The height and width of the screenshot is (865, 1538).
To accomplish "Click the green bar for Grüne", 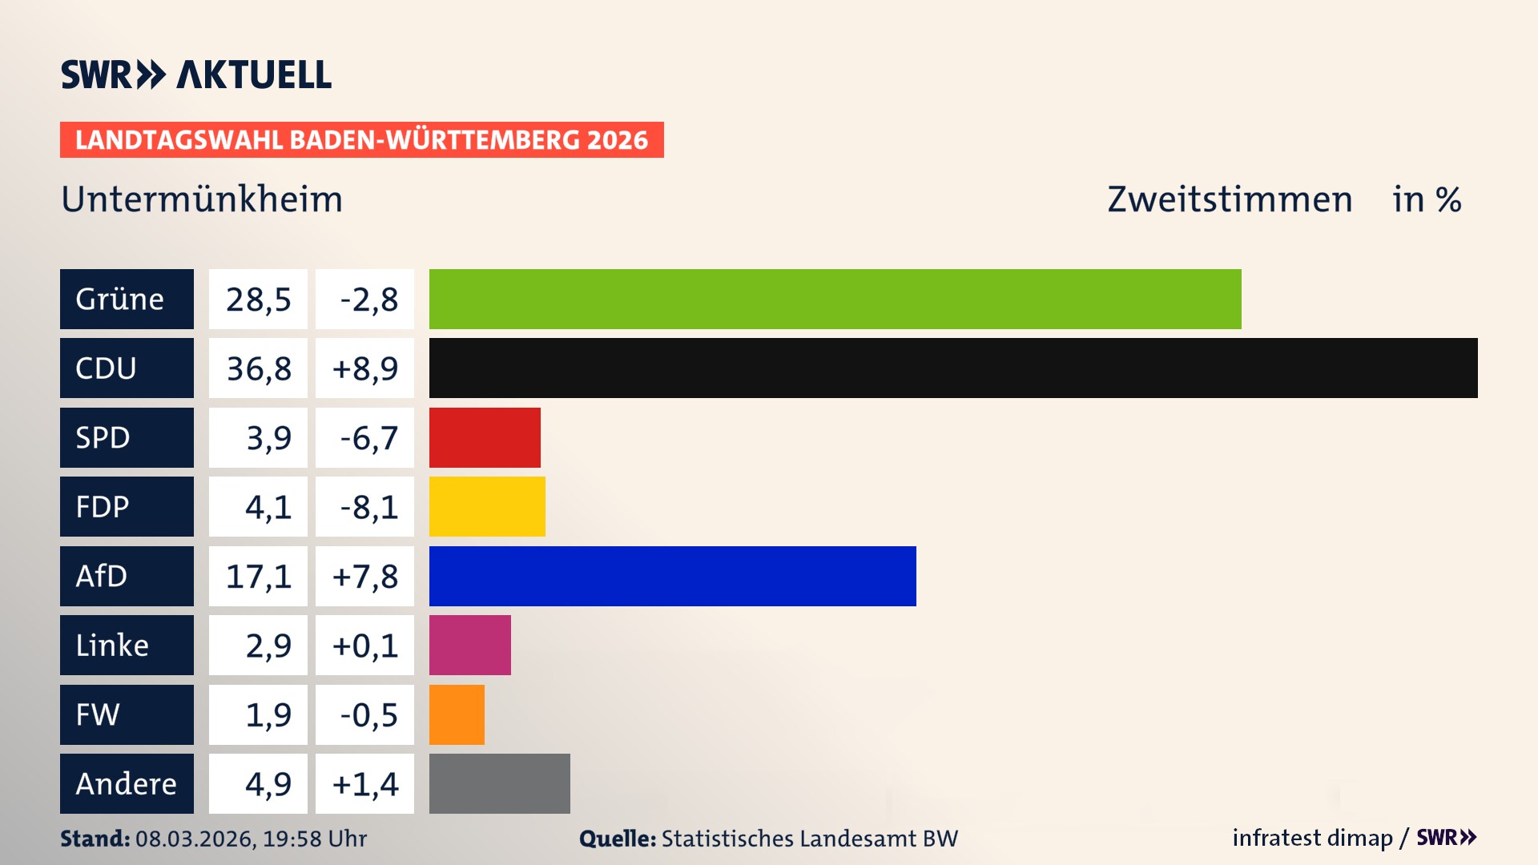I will pyautogui.click(x=835, y=299).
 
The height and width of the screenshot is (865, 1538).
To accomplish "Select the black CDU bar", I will pyautogui.click(x=953, y=368).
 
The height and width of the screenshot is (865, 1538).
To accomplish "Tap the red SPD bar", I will pyautogui.click(x=485, y=437).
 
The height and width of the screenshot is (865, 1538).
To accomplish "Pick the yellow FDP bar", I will pyautogui.click(x=487, y=506).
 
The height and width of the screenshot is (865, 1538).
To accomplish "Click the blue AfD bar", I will pyautogui.click(x=672, y=576).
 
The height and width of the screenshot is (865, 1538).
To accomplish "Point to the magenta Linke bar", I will pyautogui.click(x=469, y=645).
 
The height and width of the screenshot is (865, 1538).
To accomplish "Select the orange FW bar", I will pyautogui.click(x=457, y=714).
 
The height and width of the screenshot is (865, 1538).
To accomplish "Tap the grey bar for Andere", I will pyautogui.click(x=499, y=783).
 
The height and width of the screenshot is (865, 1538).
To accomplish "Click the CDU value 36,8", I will pyautogui.click(x=258, y=368).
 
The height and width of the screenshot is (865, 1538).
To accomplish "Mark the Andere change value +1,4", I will pyautogui.click(x=365, y=784).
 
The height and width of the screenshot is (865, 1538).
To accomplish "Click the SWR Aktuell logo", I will pyautogui.click(x=196, y=74).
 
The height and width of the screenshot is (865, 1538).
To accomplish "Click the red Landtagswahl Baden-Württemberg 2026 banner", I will pyautogui.click(x=361, y=140).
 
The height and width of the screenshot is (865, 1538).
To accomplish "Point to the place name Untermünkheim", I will pyautogui.click(x=202, y=199).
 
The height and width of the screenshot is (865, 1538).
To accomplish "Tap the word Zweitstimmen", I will pyautogui.click(x=1230, y=199).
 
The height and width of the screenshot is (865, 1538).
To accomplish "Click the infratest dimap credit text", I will pyautogui.click(x=1312, y=838).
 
